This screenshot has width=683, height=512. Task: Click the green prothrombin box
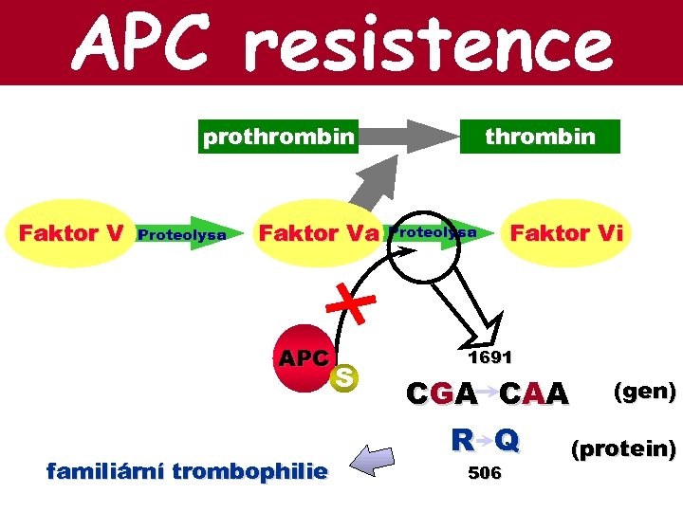tap(279, 137)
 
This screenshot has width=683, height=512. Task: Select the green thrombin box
tap(540, 137)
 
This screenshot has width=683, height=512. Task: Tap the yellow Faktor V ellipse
tap(71, 233)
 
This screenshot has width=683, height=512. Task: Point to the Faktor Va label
tap(319, 233)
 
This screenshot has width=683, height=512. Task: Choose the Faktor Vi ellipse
tap(566, 233)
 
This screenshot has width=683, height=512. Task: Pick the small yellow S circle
tap(345, 377)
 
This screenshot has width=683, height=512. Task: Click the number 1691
tap(489, 357)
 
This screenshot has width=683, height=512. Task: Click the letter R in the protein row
tap(462, 441)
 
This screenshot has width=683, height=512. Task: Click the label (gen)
tap(645, 391)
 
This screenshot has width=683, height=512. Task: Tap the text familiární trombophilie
tap(187, 471)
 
